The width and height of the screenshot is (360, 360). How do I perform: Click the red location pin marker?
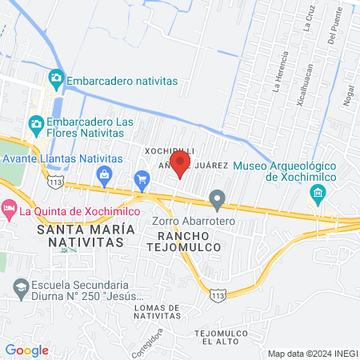(180, 162)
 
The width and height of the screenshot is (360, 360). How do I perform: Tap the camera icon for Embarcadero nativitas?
(55, 78)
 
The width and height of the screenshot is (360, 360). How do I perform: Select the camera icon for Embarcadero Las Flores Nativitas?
(35, 124)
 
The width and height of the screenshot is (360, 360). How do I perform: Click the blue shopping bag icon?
(103, 174)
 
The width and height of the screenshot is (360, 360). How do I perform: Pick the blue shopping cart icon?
(142, 178)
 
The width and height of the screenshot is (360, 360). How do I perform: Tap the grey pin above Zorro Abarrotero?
(216, 198)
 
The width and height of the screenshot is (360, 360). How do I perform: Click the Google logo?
(26, 350)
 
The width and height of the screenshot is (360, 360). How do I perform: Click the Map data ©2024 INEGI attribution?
(311, 353)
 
